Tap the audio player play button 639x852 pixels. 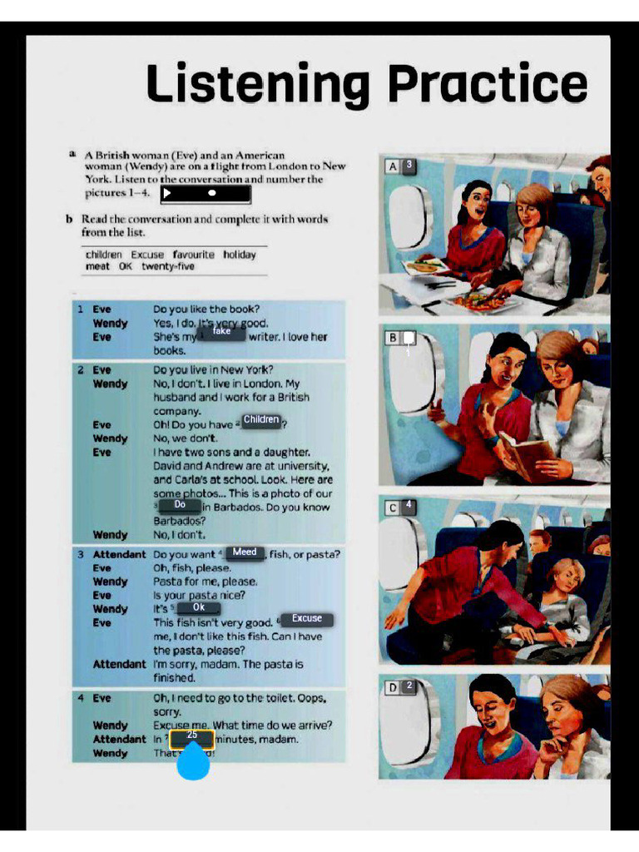tap(167, 193)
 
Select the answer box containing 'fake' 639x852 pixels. tap(221, 332)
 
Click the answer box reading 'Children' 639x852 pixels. tap(261, 420)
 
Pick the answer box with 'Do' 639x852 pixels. tap(180, 505)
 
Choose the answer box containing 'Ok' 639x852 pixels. tap(198, 608)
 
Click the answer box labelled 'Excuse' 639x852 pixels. tap(306, 619)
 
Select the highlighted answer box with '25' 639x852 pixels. tap(192, 736)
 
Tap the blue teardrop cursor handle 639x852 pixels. tap(193, 761)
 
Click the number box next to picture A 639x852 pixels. tap(409, 166)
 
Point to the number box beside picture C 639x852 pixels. tap(409, 506)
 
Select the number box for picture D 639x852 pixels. tap(409, 686)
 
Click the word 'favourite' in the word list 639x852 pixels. tap(193, 255)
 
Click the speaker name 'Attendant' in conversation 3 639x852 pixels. tap(119, 554)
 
